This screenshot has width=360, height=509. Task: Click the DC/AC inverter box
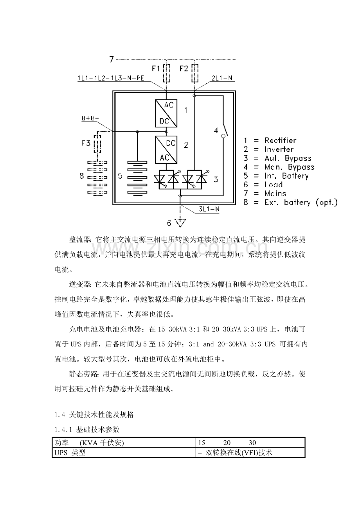click(x=166, y=150)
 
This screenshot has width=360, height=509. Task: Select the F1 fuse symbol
click(x=167, y=73)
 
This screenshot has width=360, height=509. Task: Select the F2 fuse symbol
click(x=194, y=73)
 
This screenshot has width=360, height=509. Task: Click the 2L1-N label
click(x=223, y=78)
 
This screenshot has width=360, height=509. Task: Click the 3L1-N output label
click(x=208, y=209)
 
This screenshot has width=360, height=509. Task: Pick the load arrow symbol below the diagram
click(x=180, y=223)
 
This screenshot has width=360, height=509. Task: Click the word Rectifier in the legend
click(x=280, y=140)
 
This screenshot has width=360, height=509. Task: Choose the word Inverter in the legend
click(x=279, y=149)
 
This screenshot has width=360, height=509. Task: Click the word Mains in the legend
click(x=275, y=194)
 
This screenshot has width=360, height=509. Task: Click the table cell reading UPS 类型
click(x=70, y=453)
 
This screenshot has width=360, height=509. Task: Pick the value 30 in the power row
click(x=252, y=443)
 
